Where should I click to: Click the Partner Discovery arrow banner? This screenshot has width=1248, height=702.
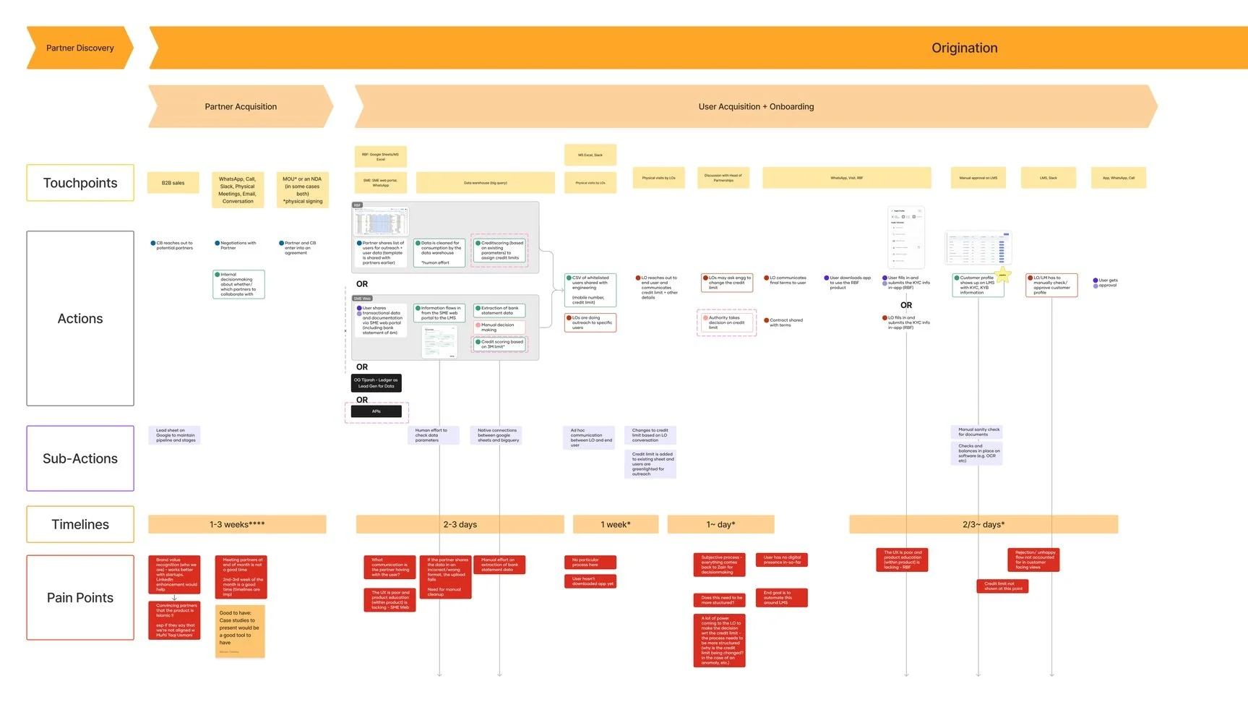(x=79, y=48)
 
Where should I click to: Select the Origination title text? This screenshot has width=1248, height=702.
(x=964, y=48)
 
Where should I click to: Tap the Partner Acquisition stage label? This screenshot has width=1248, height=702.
(x=241, y=106)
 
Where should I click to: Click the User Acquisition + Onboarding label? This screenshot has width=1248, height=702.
(x=756, y=106)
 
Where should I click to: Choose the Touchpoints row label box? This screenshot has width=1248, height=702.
(x=80, y=183)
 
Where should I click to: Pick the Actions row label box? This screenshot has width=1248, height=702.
(x=80, y=318)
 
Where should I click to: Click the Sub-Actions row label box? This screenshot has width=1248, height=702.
(x=80, y=458)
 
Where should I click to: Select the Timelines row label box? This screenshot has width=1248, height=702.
(x=80, y=524)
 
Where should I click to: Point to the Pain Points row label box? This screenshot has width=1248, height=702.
(x=80, y=597)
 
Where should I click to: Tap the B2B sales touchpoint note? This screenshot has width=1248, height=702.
(x=173, y=183)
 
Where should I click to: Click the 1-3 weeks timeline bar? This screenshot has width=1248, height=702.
(x=237, y=524)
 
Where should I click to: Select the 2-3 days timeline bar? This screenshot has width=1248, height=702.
(x=460, y=524)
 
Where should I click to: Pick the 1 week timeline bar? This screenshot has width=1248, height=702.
(x=615, y=524)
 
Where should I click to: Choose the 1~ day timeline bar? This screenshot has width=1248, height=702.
(x=720, y=524)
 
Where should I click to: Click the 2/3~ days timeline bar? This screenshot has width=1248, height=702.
(x=983, y=524)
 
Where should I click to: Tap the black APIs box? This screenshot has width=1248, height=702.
(x=376, y=411)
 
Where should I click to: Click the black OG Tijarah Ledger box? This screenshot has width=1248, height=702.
(x=376, y=382)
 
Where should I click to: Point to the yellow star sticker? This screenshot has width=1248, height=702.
(x=1003, y=275)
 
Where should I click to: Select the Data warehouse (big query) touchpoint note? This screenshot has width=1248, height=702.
(x=485, y=183)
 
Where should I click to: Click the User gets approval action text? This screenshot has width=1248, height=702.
(x=1107, y=283)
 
